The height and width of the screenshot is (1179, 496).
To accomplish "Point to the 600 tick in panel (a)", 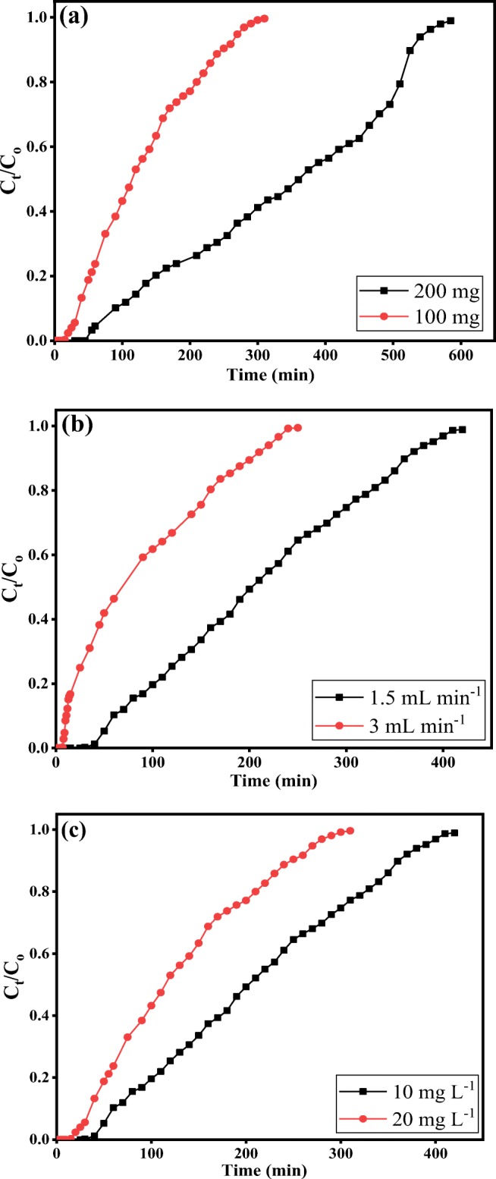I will pos(460,354).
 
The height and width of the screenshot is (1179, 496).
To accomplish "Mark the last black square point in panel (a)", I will pos(450,21).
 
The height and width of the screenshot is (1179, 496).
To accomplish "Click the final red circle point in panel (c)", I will pos(350,831).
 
